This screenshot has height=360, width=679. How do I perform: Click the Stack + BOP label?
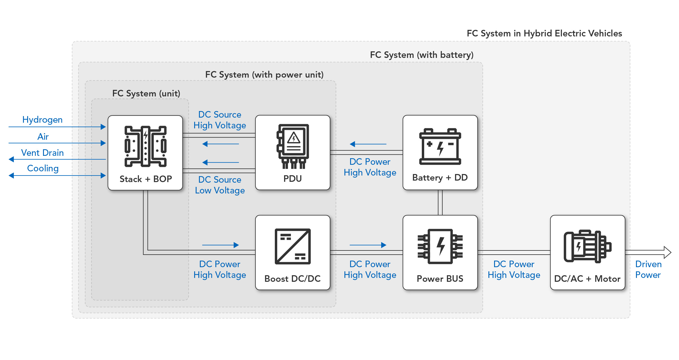tap(146, 179)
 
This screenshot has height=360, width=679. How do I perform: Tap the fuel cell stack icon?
tap(145, 146)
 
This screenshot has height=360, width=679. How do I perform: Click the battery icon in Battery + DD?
tap(440, 147)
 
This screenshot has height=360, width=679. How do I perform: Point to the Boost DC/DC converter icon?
tap(293, 247)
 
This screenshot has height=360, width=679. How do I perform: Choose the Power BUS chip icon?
tap(440, 247)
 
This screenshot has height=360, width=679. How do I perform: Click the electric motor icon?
tap(587, 247)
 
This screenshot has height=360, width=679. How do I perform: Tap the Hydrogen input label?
tap(42, 120)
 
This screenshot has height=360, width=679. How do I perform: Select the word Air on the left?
tap(43, 137)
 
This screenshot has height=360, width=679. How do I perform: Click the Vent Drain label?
tap(42, 153)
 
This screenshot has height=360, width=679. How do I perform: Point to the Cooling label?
tap(43, 168)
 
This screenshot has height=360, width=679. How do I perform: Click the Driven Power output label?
tap(648, 270)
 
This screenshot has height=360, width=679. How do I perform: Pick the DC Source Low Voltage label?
tap(220, 185)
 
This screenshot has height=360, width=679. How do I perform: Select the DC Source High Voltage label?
tap(220, 120)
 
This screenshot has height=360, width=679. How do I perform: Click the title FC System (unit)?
tap(146, 93)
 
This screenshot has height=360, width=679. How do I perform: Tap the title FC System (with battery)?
tap(421, 55)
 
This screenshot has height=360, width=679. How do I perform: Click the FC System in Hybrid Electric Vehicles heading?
tap(544, 33)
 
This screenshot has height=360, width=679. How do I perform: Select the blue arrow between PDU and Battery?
tap(368, 144)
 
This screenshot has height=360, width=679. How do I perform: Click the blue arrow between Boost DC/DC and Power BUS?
tap(368, 245)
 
